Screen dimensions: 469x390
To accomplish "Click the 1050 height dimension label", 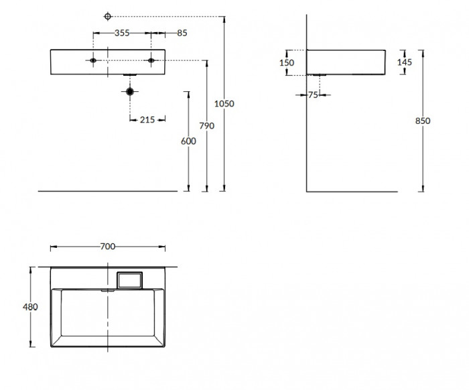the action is pos(224,104).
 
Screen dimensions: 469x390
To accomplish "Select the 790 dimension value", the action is pos(206,126).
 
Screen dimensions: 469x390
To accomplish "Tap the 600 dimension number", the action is pos(188,141).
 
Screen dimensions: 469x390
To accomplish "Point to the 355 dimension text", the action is pos(122,33).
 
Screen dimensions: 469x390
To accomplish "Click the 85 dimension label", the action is pos(182,33).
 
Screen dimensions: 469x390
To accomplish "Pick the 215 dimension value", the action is pos(147,120).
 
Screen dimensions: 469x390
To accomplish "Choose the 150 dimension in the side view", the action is pos(287,63).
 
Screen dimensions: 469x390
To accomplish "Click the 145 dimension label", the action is pos(405,62).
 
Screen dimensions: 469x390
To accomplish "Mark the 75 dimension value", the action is pos(313,95).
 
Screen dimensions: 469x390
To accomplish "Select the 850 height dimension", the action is pos(423,121).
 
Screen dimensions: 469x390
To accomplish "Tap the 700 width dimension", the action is pos(108,247).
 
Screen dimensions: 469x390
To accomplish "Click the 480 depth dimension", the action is pos(31,307).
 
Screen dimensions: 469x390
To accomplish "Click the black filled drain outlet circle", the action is pos(130,92).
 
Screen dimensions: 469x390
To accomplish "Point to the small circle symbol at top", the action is pos(108,17).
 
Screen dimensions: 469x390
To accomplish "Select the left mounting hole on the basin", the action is pos(93,60).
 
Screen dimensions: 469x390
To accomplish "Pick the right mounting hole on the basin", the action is pos(151,60).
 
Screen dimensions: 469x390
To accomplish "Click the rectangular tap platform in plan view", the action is pos(130,280).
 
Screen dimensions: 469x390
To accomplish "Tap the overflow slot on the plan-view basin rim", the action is pos(108,290).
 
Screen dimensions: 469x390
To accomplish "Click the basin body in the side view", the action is pos(346,62).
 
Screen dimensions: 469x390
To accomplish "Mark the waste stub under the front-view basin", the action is pos(130,75).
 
